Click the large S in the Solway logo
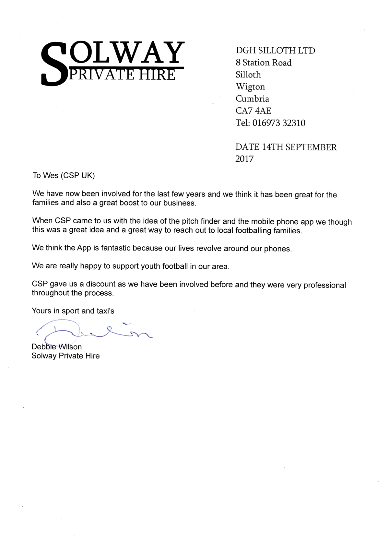(x=53, y=65)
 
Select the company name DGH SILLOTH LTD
(x=275, y=51)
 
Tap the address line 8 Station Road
(x=263, y=63)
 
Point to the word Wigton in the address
(x=250, y=87)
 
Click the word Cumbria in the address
(x=252, y=99)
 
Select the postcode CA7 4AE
(x=253, y=111)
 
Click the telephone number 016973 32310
(x=278, y=123)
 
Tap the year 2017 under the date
(x=244, y=159)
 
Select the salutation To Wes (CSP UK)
(x=64, y=176)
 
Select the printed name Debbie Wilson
(x=56, y=347)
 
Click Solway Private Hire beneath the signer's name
(x=65, y=356)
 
